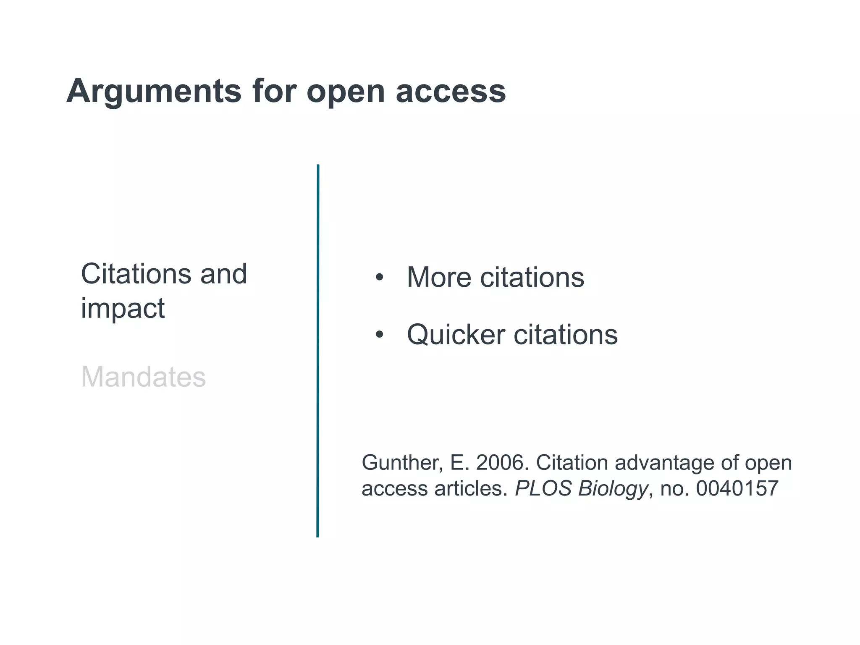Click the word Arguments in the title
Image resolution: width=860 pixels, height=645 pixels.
click(x=154, y=92)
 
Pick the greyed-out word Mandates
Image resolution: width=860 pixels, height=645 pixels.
click(x=143, y=377)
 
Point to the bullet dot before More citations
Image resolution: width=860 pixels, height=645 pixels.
click(x=380, y=278)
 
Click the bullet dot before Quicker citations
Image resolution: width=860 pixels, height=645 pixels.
click(x=380, y=335)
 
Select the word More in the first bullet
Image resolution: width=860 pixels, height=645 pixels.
click(x=439, y=278)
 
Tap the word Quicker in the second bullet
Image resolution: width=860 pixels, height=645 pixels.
click(x=456, y=336)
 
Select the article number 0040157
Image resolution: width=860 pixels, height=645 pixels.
click(x=737, y=488)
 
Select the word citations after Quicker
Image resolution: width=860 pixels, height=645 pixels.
click(x=566, y=336)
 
